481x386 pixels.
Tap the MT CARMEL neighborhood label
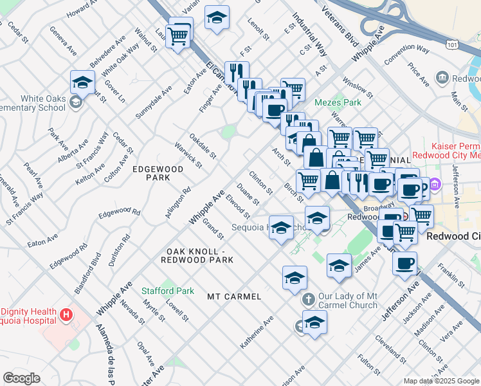coord(234,297)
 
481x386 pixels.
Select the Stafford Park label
coord(168,291)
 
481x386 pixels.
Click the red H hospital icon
coord(65,315)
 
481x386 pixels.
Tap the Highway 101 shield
coord(453,42)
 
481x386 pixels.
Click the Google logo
coord(22,378)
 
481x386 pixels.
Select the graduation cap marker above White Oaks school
coord(83,82)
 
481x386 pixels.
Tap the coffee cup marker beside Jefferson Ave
coord(404,262)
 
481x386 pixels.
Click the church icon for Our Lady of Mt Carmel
coord(308,300)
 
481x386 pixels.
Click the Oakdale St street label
coord(203,147)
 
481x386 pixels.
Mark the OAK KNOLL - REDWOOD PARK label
coord(199,255)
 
